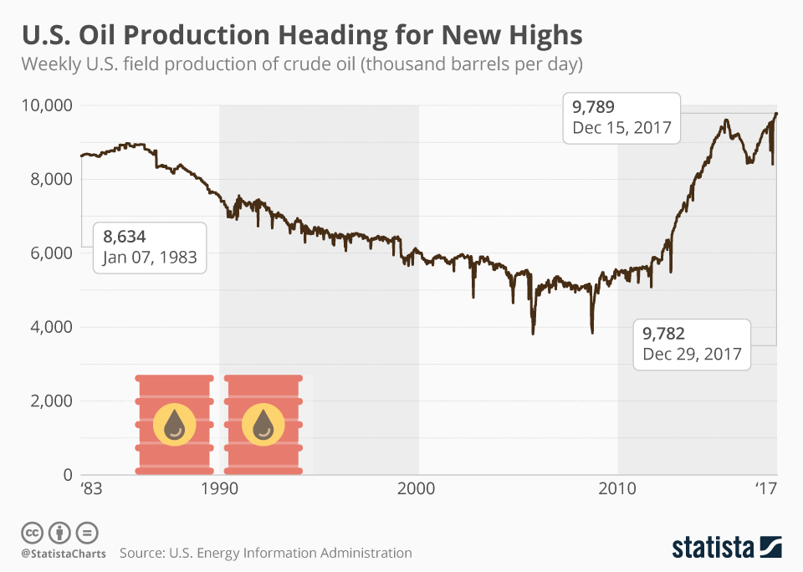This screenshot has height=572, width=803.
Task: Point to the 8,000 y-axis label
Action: (x=51, y=179)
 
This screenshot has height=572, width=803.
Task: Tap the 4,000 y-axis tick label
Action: (x=51, y=327)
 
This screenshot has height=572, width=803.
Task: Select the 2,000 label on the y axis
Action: (x=51, y=401)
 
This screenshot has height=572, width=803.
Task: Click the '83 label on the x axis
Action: (x=90, y=489)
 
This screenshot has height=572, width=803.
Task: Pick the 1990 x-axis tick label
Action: (x=219, y=489)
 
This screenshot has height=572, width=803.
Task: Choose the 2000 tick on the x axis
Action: (x=418, y=489)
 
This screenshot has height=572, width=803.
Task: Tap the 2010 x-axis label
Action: (x=618, y=489)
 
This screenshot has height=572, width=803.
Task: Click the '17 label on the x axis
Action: (x=767, y=489)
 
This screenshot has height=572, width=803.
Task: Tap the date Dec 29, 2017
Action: (x=692, y=354)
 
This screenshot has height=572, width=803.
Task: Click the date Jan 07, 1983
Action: (x=150, y=258)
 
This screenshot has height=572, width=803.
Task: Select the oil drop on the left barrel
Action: (x=174, y=425)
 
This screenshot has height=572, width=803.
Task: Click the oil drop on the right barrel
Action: (x=263, y=425)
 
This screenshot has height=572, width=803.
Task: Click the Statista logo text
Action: (x=713, y=548)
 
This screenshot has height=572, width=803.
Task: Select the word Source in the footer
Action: (x=141, y=553)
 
